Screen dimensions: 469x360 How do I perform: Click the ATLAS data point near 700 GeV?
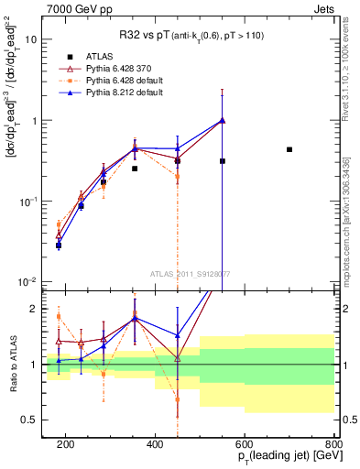pyautogui.click(x=289, y=149)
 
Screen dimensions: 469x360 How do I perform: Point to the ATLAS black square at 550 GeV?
pyautogui.click(x=223, y=161)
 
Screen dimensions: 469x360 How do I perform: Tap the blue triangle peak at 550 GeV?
pyautogui.click(x=223, y=120)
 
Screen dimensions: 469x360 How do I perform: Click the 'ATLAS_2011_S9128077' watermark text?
pyautogui.click(x=190, y=273)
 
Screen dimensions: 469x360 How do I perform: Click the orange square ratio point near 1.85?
pyautogui.click(x=59, y=317)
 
